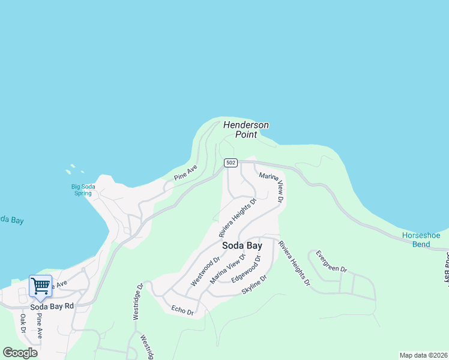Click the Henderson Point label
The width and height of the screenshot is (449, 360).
pos(246,130)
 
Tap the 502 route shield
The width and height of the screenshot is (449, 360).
pos(231,163)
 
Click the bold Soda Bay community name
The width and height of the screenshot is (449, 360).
pos(242,245)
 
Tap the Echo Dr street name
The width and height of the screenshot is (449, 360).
pos(182,310)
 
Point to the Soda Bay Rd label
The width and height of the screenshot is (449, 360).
pos(52,306)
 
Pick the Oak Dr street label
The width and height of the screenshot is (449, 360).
pos(22,323)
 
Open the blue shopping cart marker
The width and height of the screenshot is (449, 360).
pos(40,286)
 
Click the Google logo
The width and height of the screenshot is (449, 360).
pos(20,353)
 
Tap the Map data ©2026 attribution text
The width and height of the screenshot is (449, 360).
pos(423,355)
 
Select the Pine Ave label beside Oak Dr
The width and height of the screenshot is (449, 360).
pos(39,325)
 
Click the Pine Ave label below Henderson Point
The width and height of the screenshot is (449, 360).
pos(185,173)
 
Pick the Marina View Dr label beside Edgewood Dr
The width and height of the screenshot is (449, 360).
pos(228,269)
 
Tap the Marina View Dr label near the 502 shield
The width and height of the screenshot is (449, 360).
pos(272,185)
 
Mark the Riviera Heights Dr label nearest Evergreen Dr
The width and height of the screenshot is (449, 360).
pos(294,263)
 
